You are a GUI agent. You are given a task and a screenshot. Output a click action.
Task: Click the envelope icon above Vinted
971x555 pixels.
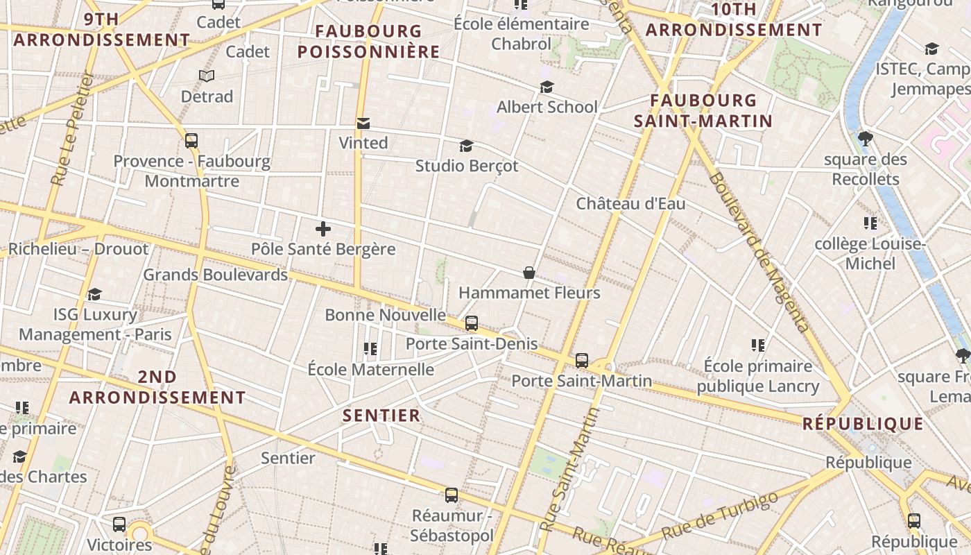pyautogui.click(x=363, y=123)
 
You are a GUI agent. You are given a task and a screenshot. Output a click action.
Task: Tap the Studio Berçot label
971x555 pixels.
pyautogui.click(x=466, y=166)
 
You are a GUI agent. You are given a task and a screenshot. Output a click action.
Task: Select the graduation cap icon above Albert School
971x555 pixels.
pyautogui.click(x=547, y=87)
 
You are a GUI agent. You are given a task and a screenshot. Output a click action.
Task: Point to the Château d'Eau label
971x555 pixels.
pyautogui.click(x=630, y=203)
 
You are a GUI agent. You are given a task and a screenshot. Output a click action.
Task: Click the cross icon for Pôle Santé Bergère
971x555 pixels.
pyautogui.click(x=323, y=228)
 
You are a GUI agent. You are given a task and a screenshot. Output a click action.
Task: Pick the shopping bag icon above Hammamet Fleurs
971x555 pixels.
pyautogui.click(x=529, y=273)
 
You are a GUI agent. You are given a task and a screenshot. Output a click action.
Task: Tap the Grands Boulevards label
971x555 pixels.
pyautogui.click(x=215, y=275)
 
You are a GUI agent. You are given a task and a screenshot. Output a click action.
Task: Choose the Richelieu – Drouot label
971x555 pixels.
pyautogui.click(x=78, y=249)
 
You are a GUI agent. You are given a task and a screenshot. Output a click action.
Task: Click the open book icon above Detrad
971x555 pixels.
pyautogui.click(x=207, y=76)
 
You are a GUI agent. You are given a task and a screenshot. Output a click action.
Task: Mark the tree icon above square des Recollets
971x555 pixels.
pyautogui.click(x=865, y=139)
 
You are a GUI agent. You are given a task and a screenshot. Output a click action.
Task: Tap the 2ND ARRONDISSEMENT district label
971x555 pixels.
pyautogui.click(x=157, y=387)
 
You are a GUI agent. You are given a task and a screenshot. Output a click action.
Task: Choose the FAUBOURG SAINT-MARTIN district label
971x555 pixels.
pyautogui.click(x=703, y=111)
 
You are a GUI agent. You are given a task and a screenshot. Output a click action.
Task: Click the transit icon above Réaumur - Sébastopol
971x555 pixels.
pyautogui.click(x=452, y=495)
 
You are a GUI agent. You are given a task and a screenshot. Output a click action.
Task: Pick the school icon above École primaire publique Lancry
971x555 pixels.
pyautogui.click(x=758, y=345)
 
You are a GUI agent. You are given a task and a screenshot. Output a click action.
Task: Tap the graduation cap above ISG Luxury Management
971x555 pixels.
pyautogui.click(x=95, y=295)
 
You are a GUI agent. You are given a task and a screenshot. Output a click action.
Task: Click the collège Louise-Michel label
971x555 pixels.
pyautogui.click(x=870, y=254)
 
